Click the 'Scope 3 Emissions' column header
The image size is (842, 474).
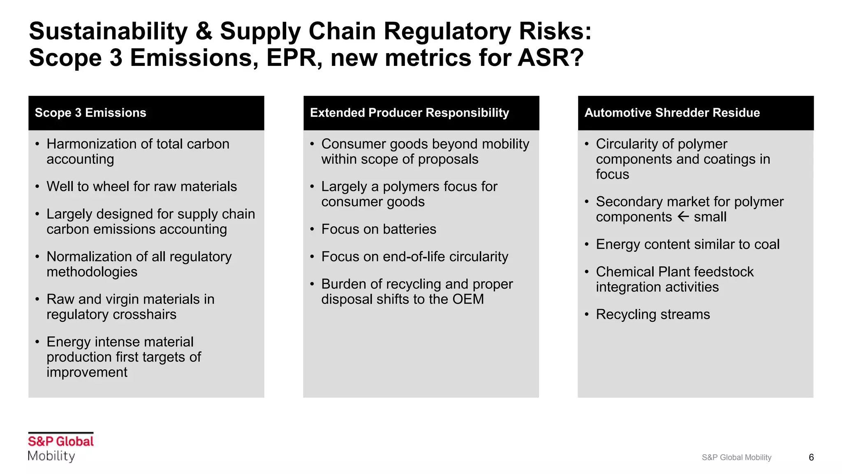tap(90, 113)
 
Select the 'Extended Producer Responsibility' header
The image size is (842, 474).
tap(409, 113)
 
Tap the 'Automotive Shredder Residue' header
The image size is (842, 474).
tap(672, 113)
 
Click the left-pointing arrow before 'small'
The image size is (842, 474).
tap(683, 216)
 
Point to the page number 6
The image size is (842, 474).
tap(811, 457)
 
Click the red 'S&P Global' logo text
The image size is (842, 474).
tap(61, 441)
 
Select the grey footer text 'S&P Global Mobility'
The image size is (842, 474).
tap(736, 457)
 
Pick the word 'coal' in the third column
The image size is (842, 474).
tap(767, 244)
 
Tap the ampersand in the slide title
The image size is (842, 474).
tap(204, 31)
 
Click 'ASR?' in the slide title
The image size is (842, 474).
tap(551, 58)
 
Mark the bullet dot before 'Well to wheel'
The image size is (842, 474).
tap(37, 187)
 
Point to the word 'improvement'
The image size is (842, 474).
tap(87, 372)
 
